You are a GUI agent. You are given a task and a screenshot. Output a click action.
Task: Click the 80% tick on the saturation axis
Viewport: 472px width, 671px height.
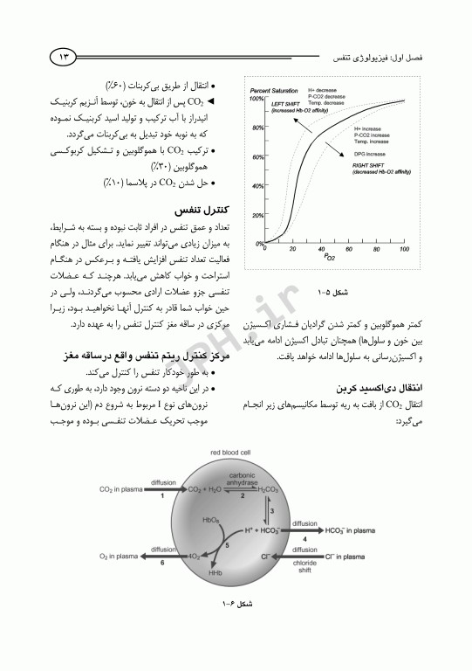tap(258, 128)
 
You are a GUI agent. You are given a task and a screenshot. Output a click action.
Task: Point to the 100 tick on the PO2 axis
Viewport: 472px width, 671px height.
tap(404, 249)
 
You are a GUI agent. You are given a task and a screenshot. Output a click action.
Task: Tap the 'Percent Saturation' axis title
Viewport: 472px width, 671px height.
tap(272, 91)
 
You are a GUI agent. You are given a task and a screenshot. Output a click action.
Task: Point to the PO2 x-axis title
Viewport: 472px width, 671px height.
tap(329, 258)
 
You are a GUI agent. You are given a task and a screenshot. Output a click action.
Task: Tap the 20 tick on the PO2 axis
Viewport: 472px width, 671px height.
tap(294, 249)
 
